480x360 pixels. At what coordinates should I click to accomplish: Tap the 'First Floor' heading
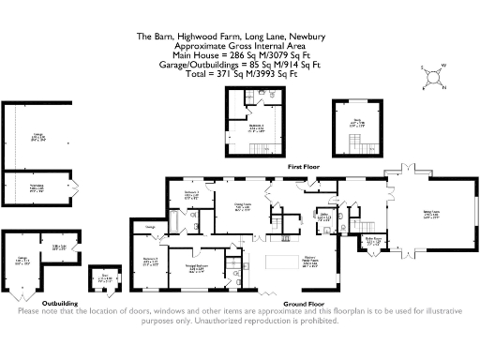coord(304,165)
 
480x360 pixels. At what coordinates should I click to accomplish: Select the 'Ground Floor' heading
coord(304,304)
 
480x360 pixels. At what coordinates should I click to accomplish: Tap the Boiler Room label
coord(374,241)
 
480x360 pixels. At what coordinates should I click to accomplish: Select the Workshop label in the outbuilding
coord(37,187)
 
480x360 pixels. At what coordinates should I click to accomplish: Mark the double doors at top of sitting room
coord(396,175)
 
